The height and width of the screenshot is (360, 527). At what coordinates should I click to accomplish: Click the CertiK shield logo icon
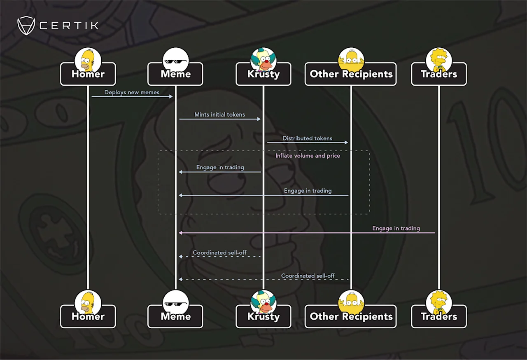[x=26, y=26]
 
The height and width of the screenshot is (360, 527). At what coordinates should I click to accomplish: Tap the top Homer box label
[x=88, y=74]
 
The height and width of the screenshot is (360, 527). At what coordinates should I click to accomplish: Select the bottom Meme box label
[x=175, y=316]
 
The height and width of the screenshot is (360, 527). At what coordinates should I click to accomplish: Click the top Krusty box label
[x=263, y=74]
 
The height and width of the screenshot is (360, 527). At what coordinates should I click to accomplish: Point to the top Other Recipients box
[x=351, y=74]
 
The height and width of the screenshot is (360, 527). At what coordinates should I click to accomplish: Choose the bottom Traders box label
[x=439, y=316]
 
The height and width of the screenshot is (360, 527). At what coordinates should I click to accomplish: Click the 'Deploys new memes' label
[x=132, y=92]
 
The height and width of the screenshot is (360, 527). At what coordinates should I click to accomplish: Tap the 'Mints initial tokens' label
[x=219, y=115]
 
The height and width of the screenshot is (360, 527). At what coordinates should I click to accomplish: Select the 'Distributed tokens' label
[x=307, y=138]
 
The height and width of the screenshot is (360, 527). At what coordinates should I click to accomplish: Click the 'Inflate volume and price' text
[x=308, y=156]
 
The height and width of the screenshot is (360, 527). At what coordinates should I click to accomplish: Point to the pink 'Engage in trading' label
[x=396, y=228]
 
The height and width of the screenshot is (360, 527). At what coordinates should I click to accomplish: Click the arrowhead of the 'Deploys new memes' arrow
[x=171, y=96]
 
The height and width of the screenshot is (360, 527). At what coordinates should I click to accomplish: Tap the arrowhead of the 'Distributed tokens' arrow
[x=346, y=143]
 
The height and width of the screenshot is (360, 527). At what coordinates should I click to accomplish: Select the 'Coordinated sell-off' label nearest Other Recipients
[x=308, y=276]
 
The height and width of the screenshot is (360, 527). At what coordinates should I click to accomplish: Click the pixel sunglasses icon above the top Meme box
[x=175, y=62]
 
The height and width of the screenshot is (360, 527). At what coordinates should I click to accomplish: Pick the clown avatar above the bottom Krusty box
[x=263, y=302]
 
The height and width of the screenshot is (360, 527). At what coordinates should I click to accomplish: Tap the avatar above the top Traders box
[x=439, y=60]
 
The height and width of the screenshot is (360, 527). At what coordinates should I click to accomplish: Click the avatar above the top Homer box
[x=88, y=60]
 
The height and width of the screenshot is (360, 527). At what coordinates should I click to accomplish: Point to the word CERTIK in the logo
[x=69, y=26]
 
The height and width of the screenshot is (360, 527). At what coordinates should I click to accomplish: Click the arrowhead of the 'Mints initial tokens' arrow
[x=259, y=119]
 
